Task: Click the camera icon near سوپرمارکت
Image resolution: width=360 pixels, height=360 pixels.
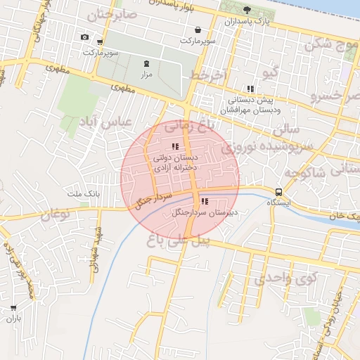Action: coord(85,37)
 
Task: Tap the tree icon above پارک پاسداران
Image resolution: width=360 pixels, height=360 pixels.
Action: coord(247,9)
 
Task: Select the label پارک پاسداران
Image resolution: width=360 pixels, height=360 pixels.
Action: coord(246,22)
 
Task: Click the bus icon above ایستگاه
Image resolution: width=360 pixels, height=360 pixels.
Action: coord(279,191)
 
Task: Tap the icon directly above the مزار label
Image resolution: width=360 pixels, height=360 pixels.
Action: coord(146,63)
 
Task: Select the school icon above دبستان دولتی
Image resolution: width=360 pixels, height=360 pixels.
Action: coord(175,146)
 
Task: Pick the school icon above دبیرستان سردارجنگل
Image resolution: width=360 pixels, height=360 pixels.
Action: coord(205,201)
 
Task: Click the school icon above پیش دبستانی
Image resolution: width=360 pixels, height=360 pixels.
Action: coord(250,89)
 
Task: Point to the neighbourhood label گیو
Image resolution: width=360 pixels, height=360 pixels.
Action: coord(269,73)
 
